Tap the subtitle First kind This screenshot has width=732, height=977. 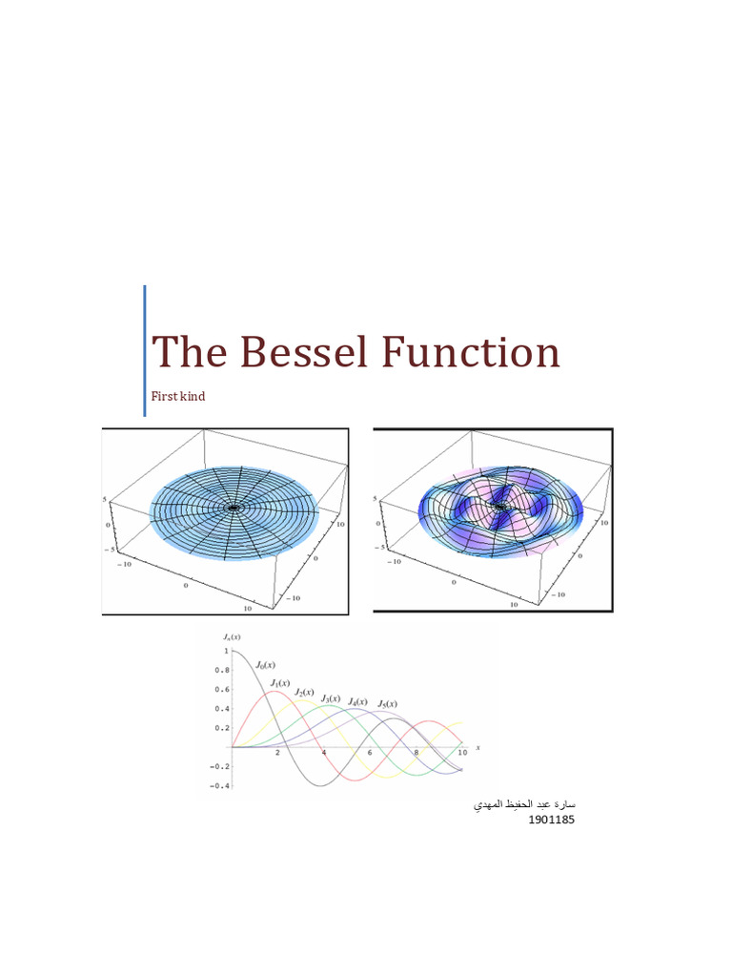(179, 396)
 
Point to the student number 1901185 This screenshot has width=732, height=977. (551, 821)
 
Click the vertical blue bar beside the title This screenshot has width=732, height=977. (145, 350)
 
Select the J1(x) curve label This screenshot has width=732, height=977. (280, 683)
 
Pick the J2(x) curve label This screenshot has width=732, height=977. (305, 692)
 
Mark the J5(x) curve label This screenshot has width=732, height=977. (386, 704)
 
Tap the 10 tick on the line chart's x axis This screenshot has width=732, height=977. (462, 754)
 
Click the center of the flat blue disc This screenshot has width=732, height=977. (233, 508)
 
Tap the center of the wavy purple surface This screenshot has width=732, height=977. (498, 506)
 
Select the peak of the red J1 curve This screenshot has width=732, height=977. (275, 692)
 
